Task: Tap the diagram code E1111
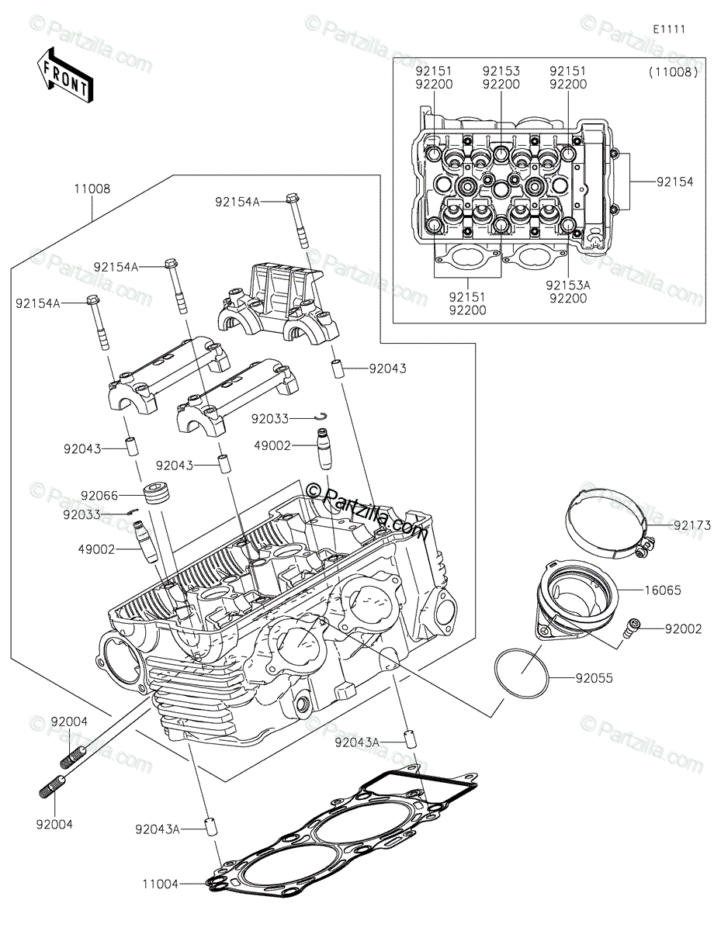coord(669,29)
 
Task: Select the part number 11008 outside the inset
coord(92,189)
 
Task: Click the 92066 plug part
coord(155,493)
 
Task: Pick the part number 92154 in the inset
coord(674,182)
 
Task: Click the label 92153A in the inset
coord(568,285)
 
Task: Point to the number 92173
coord(692,525)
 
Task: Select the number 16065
coord(663,590)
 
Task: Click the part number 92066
coord(99,496)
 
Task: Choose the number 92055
coord(594,678)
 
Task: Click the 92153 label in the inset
coord(501,71)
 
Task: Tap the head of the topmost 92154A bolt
coord(293,199)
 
